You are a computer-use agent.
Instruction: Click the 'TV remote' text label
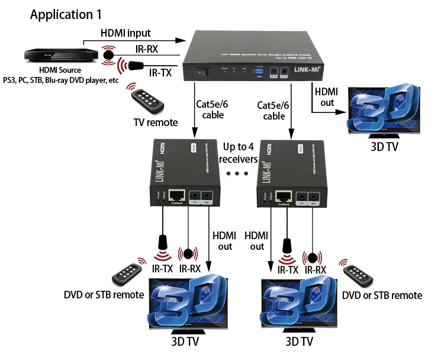155,122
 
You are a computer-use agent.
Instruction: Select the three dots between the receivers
240,173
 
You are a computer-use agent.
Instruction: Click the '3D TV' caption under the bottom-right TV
299,342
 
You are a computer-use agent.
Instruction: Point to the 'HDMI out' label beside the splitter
326,97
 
